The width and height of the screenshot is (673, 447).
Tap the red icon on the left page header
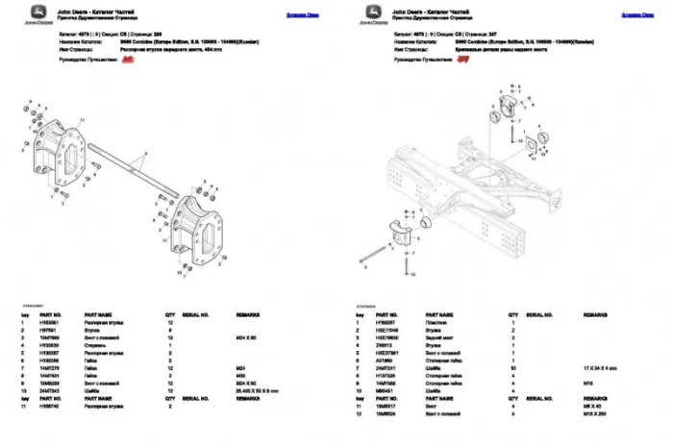tap(126, 59)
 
